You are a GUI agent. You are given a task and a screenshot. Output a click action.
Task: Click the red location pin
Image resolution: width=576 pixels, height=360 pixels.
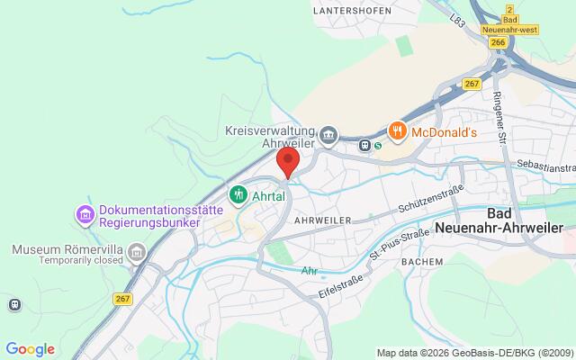[x=287, y=162]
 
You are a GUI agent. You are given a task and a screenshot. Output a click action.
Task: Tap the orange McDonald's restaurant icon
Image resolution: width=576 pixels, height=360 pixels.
[x=396, y=131]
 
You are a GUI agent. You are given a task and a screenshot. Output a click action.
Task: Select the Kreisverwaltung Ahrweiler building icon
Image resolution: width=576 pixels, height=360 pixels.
[x=329, y=135]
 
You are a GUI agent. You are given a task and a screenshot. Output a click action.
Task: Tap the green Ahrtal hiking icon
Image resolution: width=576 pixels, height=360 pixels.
[x=238, y=193]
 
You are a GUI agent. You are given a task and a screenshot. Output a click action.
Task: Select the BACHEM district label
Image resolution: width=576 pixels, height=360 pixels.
[x=421, y=261]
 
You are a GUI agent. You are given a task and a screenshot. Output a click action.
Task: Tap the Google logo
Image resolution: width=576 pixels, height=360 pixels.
[x=31, y=349]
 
